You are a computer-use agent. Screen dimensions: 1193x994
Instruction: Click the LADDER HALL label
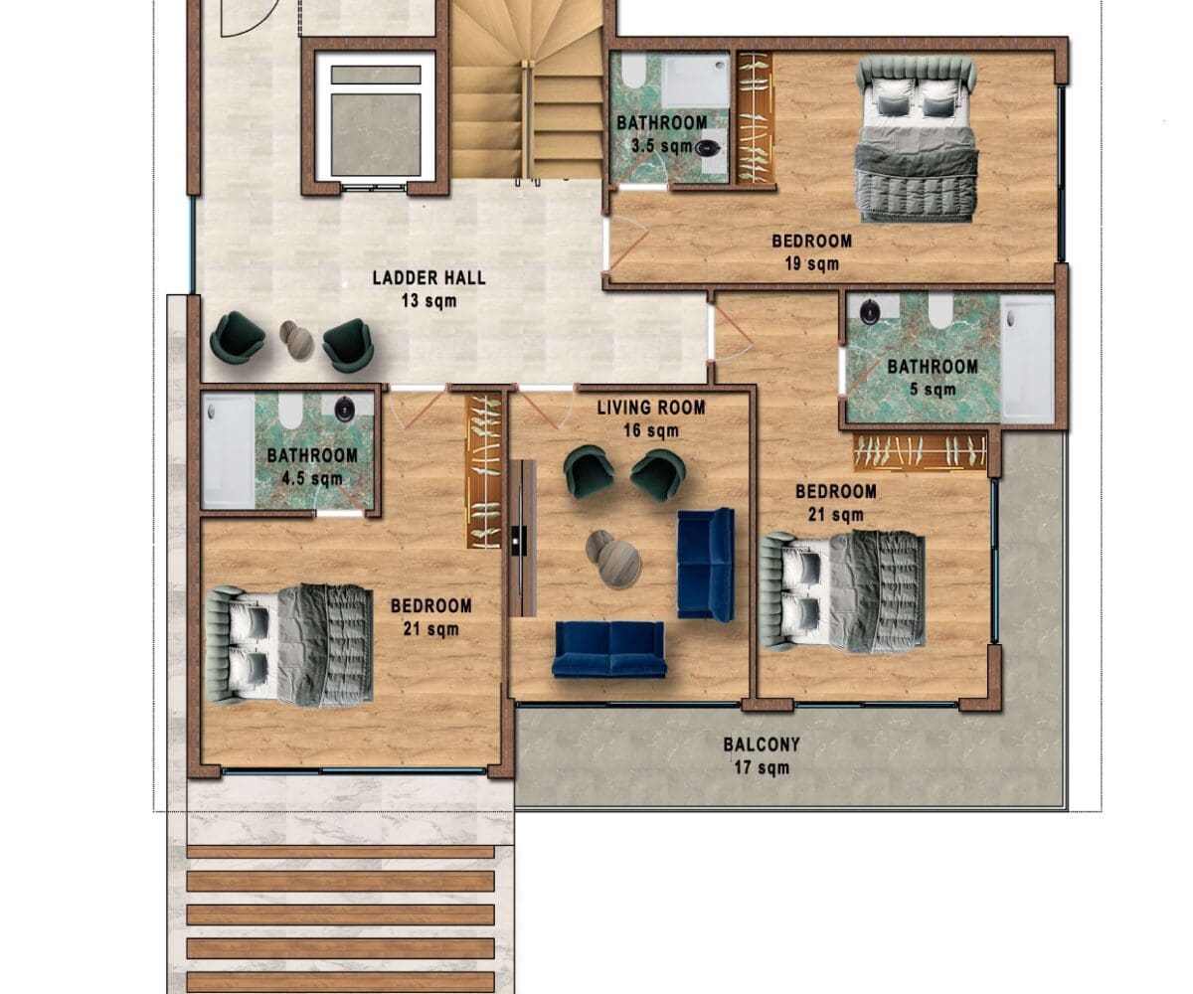tap(429, 278)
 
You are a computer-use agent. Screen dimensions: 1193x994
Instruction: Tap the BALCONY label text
tap(762, 745)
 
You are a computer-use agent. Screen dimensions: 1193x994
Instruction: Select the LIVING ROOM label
tap(651, 408)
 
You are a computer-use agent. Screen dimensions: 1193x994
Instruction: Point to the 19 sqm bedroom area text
tap(812, 264)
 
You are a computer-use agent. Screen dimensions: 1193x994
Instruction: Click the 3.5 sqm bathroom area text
tap(662, 146)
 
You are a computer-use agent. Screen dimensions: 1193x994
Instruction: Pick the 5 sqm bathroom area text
tap(933, 390)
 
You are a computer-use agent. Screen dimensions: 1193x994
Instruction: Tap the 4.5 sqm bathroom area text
tap(312, 479)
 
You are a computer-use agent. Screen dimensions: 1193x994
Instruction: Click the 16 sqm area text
tap(651, 430)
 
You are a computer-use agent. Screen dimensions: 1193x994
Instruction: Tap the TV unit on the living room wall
tap(522, 538)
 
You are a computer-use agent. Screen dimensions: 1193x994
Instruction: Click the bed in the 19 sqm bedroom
tap(916, 139)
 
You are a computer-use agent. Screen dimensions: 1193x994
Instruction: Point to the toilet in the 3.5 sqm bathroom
tap(633, 70)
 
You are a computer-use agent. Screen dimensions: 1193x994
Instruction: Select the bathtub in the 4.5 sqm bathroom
tap(228, 450)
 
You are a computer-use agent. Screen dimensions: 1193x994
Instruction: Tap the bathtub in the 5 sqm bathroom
tap(1027, 359)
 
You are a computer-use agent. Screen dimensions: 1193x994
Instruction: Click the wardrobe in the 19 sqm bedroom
tap(754, 118)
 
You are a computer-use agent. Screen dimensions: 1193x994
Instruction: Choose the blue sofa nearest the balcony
tap(609, 649)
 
